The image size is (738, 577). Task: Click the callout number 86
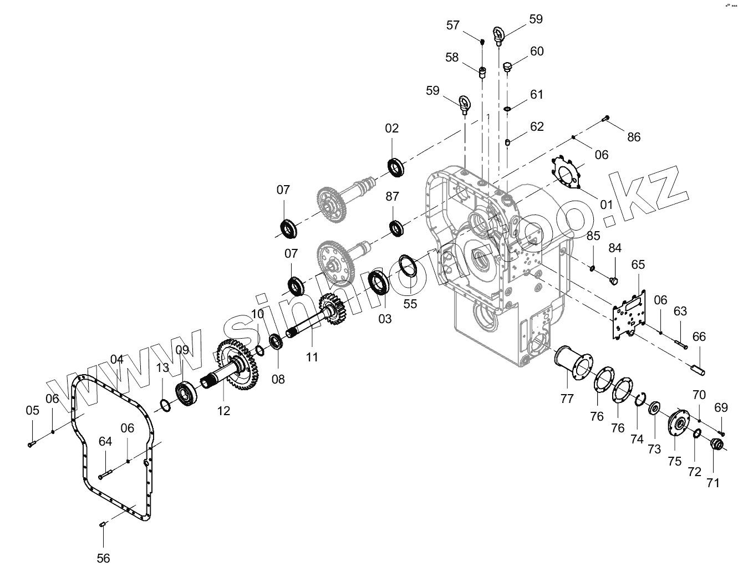click(633, 137)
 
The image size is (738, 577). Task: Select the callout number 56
click(103, 558)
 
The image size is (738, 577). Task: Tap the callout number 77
click(567, 398)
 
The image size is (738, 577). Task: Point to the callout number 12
click(223, 411)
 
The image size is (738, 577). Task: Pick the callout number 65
click(638, 264)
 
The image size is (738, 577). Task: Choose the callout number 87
click(392, 197)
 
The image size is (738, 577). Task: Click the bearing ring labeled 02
click(395, 167)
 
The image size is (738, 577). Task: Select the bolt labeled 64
click(105, 474)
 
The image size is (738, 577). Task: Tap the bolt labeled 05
click(30, 443)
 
